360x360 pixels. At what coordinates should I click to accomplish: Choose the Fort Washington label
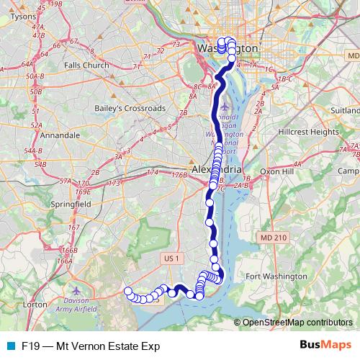[276, 276]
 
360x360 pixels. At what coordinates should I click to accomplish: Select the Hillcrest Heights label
[308, 132]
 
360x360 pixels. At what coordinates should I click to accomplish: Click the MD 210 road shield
[273, 237]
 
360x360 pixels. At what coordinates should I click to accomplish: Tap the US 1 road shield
[171, 257]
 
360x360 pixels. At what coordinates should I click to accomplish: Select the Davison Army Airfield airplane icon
[77, 289]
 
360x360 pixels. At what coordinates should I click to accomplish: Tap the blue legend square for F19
[10, 346]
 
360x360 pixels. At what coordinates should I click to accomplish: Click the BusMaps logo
[325, 346]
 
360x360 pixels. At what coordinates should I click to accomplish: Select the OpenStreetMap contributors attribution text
[297, 323]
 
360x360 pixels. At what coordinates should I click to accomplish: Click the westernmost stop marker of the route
[128, 292]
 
